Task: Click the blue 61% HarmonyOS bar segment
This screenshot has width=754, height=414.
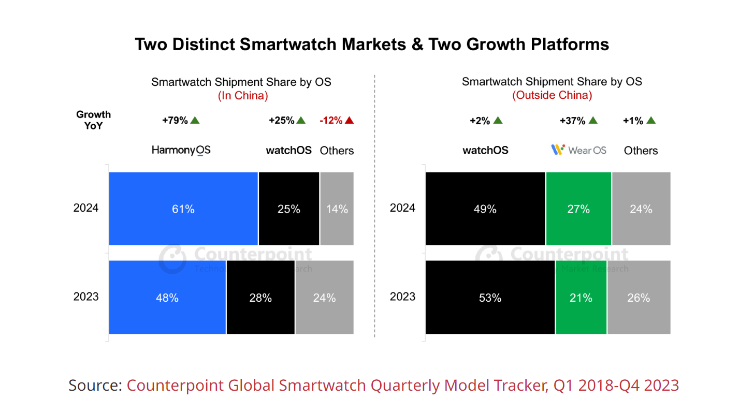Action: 183,209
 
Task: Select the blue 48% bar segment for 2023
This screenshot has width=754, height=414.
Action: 167,298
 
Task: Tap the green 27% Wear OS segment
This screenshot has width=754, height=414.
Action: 578,209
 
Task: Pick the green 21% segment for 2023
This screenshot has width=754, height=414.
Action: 581,298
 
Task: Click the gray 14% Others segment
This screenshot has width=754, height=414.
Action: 337,209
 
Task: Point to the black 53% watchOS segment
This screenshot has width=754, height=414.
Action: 490,298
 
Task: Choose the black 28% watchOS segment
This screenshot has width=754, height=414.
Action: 260,298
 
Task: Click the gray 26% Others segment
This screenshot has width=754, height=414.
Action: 639,298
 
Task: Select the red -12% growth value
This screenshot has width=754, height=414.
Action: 331,121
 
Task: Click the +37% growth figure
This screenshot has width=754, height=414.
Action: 572,121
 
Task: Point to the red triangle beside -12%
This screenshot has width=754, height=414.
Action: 349,121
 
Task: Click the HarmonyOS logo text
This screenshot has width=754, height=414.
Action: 181,151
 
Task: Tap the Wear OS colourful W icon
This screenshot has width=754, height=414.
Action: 557,150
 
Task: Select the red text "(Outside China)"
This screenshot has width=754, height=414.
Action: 552,96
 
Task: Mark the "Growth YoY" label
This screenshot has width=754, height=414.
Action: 94,120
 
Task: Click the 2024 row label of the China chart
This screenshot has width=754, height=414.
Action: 86,208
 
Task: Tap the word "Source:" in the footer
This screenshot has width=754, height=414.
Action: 95,386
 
